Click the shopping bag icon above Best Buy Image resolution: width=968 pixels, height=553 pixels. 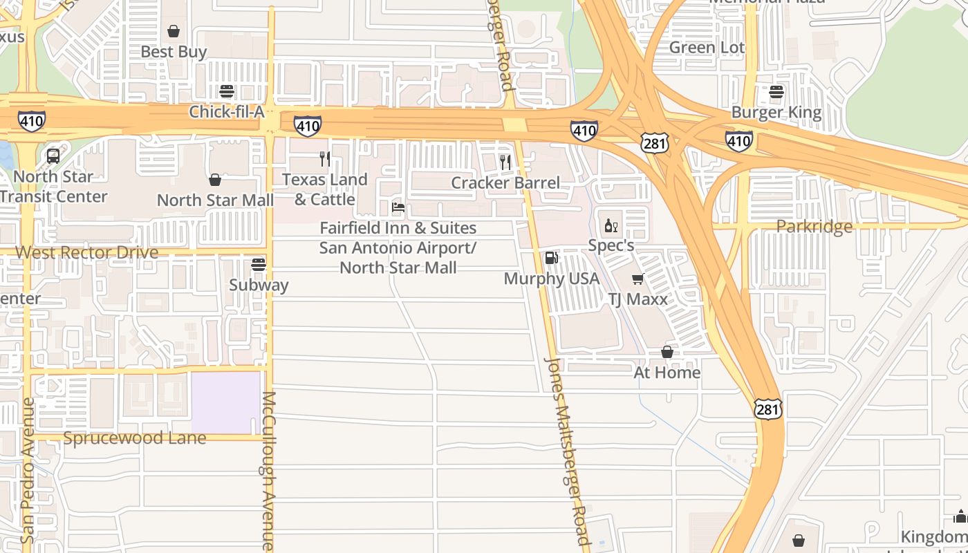tap(174, 31)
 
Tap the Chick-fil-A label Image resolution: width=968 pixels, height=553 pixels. tap(227, 112)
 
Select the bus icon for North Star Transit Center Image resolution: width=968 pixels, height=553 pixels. tap(53, 156)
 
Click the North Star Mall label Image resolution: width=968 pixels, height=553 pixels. tap(215, 200)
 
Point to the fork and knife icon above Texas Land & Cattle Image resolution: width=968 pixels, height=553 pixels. tap(324, 159)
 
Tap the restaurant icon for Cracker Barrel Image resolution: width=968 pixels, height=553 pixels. tap(505, 162)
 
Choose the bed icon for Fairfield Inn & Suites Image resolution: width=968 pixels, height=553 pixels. tap(398, 207)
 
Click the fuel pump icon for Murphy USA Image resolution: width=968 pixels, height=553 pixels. tap(551, 259)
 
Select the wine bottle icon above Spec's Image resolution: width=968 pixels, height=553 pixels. tap(611, 225)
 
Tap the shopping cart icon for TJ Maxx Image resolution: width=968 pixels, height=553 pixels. tap(637, 279)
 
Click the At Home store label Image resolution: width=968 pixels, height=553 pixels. tap(667, 373)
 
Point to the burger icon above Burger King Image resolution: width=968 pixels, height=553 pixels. tap(776, 92)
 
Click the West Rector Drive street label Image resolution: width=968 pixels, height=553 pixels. tap(87, 252)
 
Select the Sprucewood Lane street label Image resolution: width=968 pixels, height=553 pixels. tap(134, 438)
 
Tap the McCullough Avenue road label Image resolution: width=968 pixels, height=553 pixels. tap(268, 470)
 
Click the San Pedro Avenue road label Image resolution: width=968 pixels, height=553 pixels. tap(28, 470)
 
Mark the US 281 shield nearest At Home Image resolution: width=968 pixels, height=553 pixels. tap(767, 409)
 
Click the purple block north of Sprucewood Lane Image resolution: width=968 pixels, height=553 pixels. tap(225, 403)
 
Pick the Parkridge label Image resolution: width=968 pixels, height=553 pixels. tap(814, 227)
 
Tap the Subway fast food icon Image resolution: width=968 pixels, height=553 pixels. tap(259, 265)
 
